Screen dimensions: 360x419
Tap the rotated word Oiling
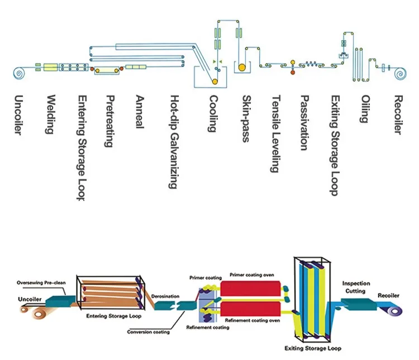pyautogui.click(x=364, y=109)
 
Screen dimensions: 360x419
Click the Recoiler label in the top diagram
pyautogui.click(x=398, y=115)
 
